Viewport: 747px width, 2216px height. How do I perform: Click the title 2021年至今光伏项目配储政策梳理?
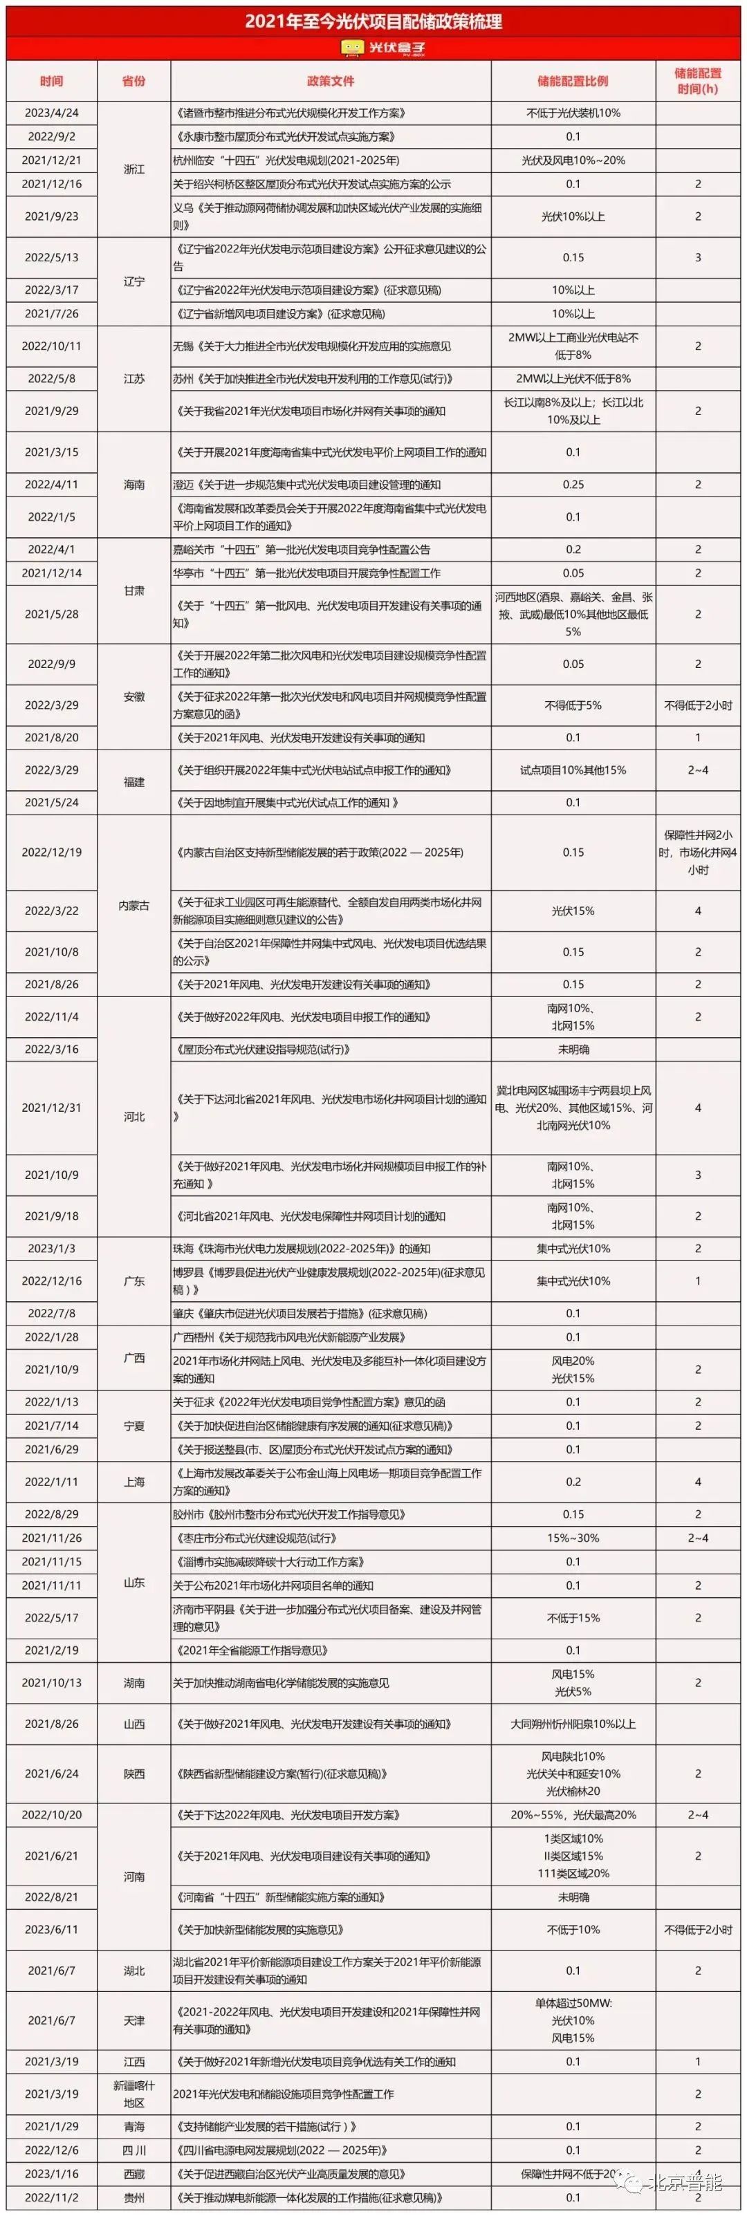373,21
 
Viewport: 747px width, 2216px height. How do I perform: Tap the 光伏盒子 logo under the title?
373,49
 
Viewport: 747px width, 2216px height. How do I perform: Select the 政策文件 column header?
331,81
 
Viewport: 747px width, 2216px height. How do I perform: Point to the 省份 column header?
133,81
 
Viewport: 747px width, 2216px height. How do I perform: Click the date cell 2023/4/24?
52,113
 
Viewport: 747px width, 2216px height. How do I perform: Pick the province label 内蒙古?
133,905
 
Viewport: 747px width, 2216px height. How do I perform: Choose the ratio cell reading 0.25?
573,484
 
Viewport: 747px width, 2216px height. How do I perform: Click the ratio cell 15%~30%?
573,1537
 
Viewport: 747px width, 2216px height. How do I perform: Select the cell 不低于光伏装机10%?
573,113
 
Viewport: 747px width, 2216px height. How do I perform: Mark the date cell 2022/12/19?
52,852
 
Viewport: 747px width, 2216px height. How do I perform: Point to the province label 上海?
133,1481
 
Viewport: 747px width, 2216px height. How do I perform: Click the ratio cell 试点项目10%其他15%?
573,770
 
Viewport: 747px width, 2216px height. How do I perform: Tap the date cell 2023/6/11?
52,1930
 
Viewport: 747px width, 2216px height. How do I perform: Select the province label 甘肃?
133,590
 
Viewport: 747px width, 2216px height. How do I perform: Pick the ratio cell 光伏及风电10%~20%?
573,160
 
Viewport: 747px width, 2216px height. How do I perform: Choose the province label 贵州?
133,2197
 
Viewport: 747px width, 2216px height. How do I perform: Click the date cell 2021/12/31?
52,1107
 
